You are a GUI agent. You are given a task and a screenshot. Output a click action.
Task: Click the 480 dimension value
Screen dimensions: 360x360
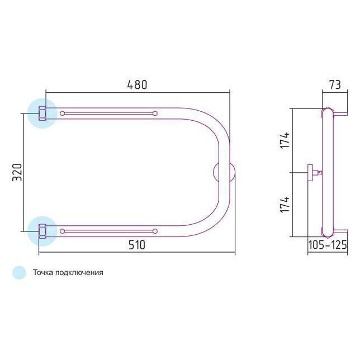click(137, 85)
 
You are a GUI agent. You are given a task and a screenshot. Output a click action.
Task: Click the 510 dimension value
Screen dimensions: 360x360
click(137, 245)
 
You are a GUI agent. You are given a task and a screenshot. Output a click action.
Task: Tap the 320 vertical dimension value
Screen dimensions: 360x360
click(17, 172)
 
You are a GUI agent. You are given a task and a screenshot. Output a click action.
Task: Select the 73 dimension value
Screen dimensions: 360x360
click(335, 85)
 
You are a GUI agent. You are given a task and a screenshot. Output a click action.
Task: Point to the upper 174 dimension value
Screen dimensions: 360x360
click(285, 140)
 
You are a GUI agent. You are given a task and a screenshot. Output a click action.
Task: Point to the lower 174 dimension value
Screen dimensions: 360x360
click(285, 205)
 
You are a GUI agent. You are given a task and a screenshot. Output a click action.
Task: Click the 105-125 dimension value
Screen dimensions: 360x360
click(327, 245)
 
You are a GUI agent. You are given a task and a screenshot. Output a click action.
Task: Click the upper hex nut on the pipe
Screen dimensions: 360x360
click(42, 113)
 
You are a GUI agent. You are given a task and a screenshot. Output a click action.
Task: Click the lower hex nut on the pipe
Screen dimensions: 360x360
click(42, 231)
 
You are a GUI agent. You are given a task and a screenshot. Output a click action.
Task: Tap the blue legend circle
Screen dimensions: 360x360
click(19, 273)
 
